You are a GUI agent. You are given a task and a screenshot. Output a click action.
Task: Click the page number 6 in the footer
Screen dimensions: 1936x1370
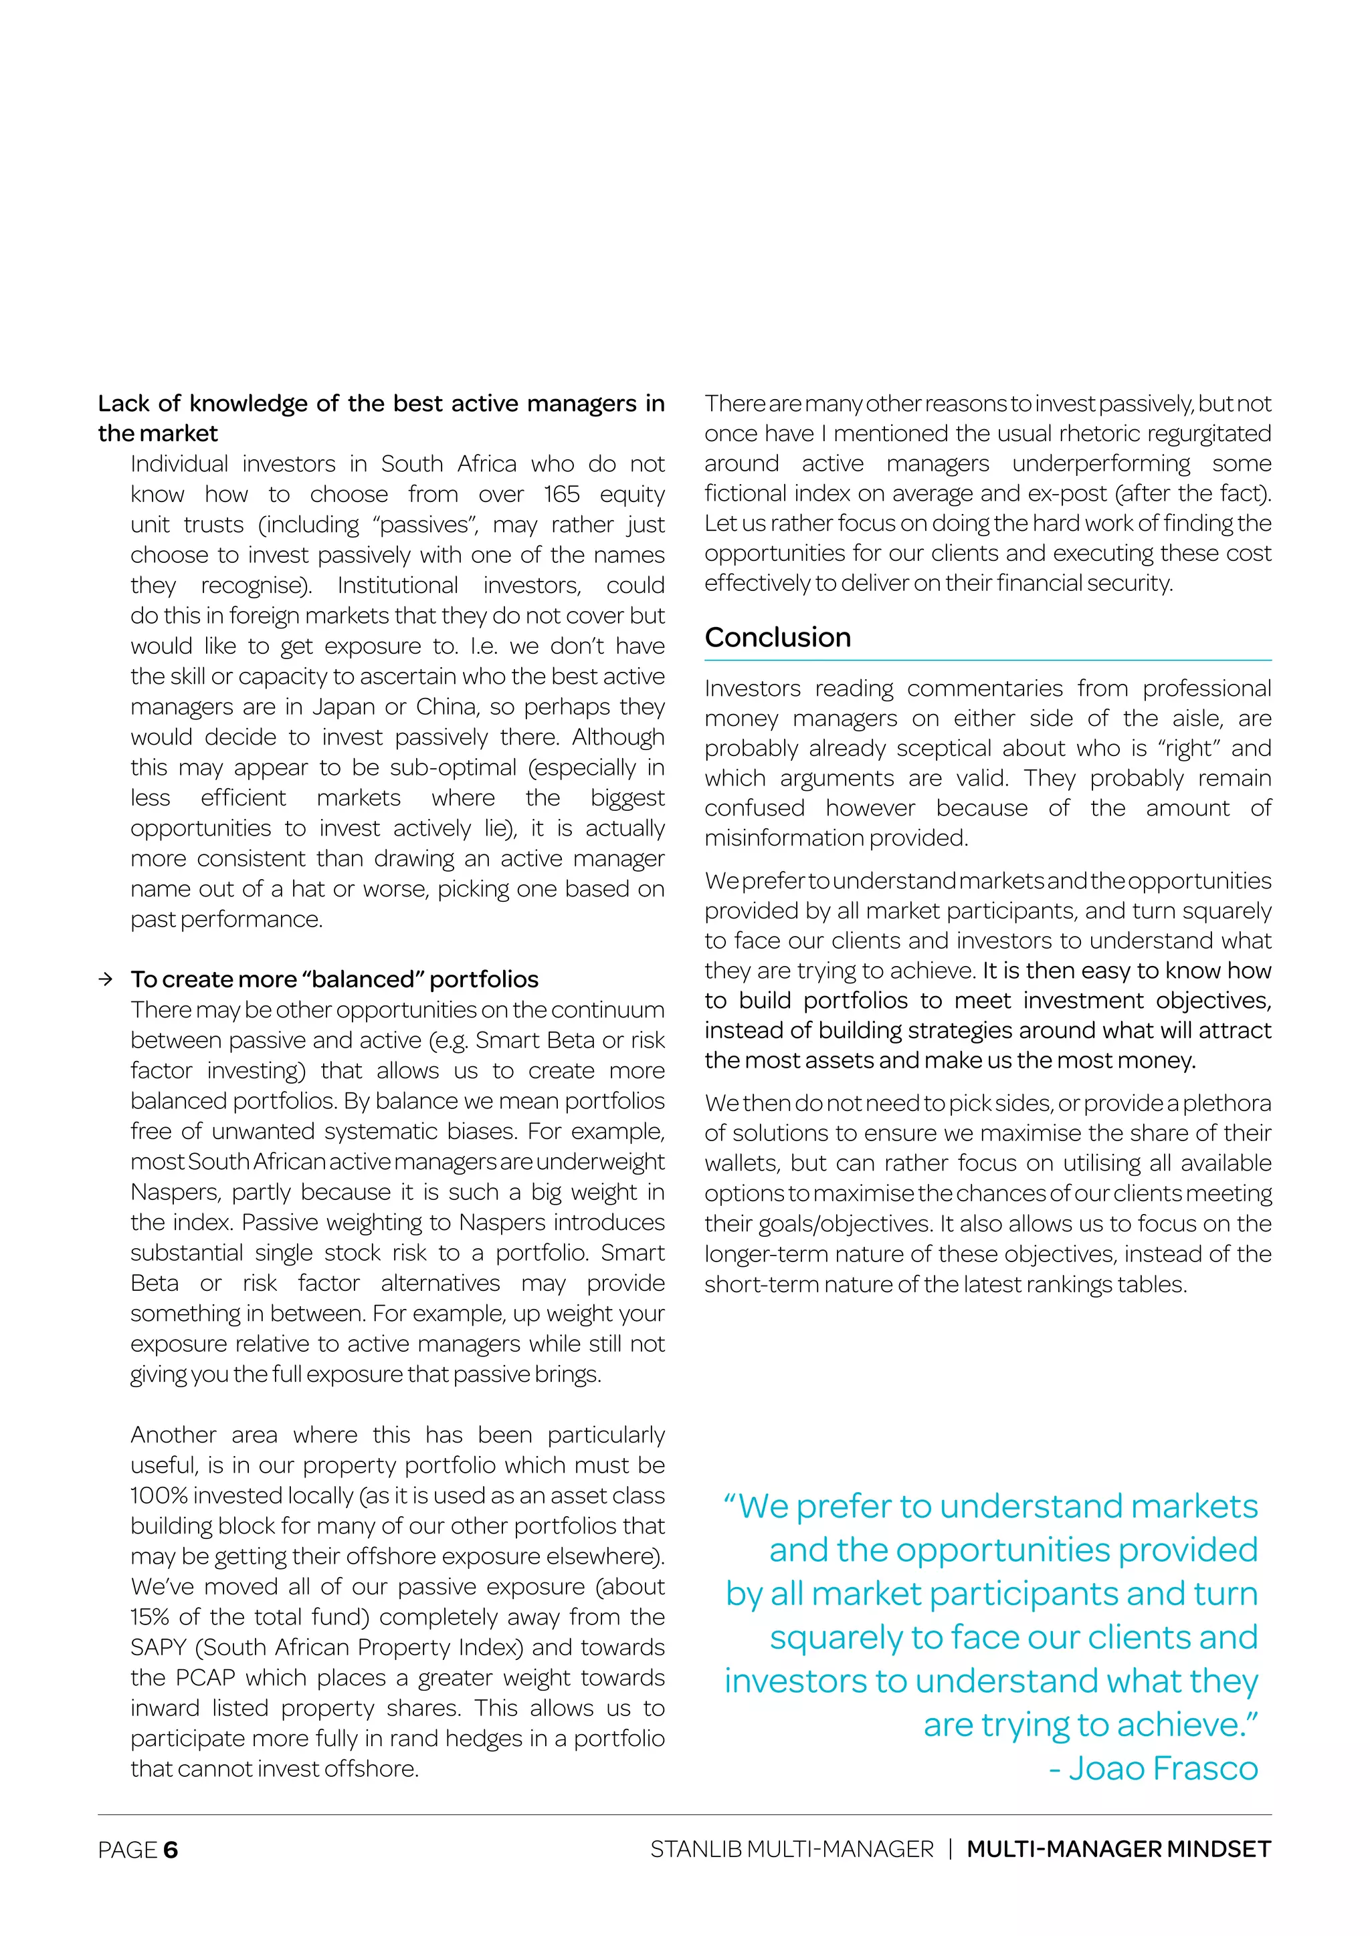[x=171, y=1850]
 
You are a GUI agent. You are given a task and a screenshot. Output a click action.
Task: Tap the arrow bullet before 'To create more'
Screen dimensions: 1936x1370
[x=106, y=979]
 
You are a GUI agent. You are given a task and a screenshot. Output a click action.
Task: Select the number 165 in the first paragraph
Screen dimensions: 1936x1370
[x=561, y=494]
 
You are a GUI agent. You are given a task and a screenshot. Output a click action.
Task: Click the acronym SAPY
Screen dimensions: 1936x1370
[x=158, y=1648]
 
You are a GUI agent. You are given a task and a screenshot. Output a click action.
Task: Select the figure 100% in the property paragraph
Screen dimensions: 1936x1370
[x=158, y=1496]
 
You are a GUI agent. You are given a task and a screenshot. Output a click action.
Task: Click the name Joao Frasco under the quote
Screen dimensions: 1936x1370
[x=1163, y=1768]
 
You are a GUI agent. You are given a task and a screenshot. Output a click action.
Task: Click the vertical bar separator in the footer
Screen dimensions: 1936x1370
[x=950, y=1849]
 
